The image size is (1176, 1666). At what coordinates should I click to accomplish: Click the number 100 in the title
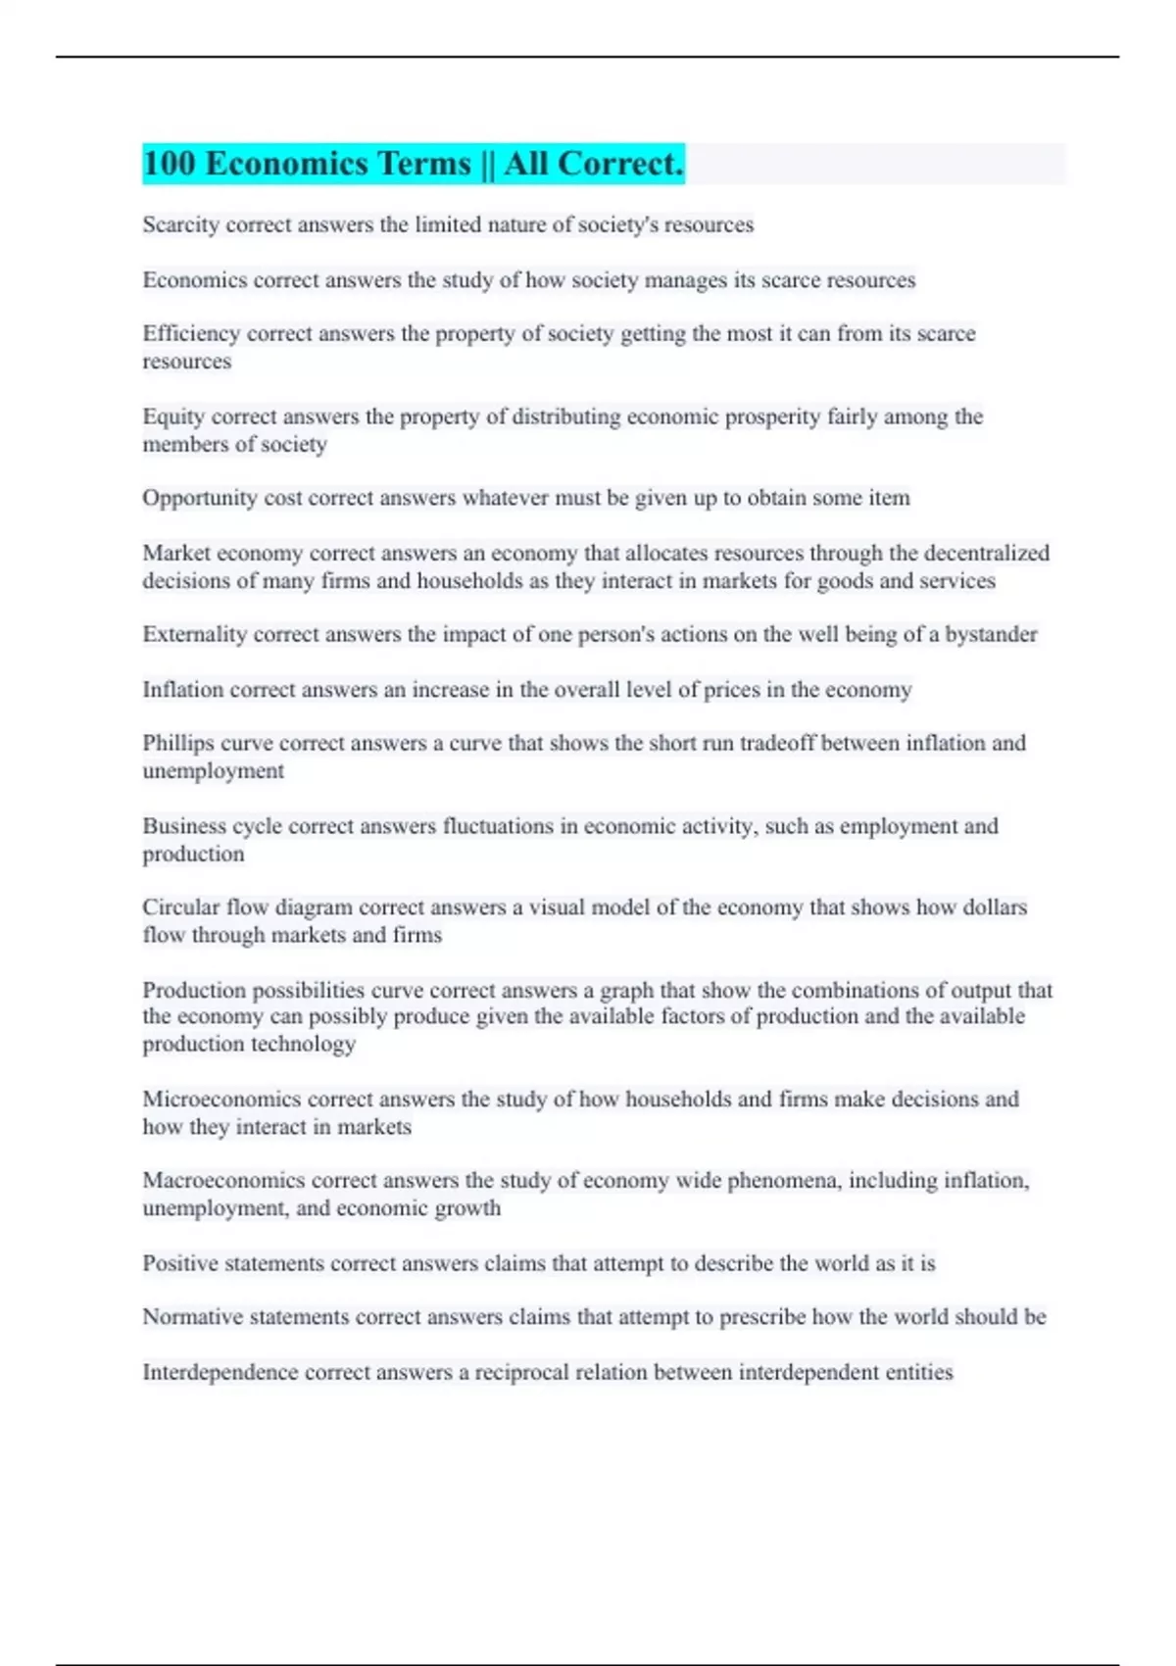pyautogui.click(x=170, y=164)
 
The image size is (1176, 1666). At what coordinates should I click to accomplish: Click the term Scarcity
pyautogui.click(x=180, y=224)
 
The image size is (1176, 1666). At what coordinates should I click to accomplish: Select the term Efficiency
pyautogui.click(x=191, y=333)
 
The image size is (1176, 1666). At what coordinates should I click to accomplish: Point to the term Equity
pyautogui.click(x=172, y=416)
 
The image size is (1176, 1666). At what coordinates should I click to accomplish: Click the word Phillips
pyautogui.click(x=177, y=743)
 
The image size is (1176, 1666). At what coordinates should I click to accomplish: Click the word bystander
pyautogui.click(x=991, y=634)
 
